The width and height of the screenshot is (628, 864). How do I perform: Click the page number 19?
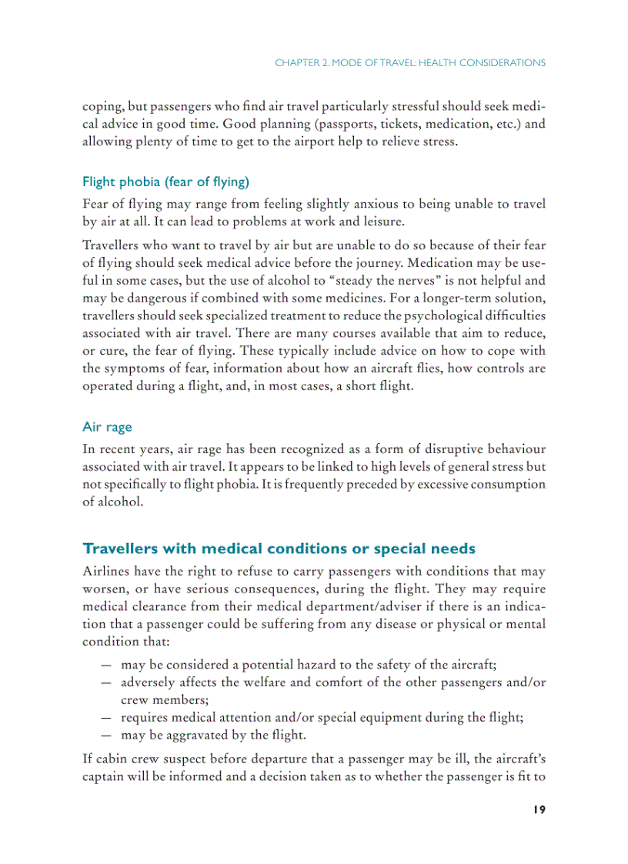(x=539, y=809)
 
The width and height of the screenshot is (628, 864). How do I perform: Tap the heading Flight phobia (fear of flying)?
(x=165, y=182)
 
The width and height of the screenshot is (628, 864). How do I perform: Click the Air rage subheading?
(x=107, y=426)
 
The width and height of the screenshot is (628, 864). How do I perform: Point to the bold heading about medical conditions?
(x=279, y=549)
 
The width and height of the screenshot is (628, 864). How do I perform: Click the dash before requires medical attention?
(x=105, y=717)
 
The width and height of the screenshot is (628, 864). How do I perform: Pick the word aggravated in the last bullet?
(x=195, y=734)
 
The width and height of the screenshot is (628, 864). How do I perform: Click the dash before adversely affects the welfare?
(x=105, y=682)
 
